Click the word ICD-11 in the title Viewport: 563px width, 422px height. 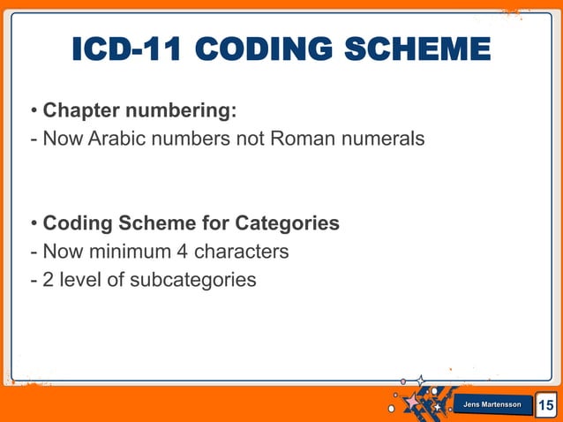pyautogui.click(x=124, y=50)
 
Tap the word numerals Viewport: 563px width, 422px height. pyautogui.click(x=383, y=139)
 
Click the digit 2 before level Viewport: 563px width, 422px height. pyautogui.click(x=49, y=280)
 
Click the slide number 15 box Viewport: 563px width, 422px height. pyautogui.click(x=546, y=405)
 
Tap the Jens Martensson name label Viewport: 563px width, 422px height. pyautogui.click(x=492, y=404)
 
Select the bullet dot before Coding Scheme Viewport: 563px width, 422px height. pyautogui.click(x=34, y=224)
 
